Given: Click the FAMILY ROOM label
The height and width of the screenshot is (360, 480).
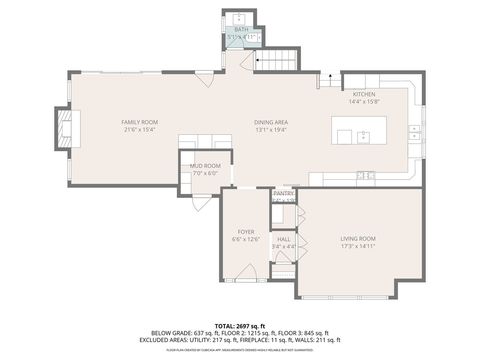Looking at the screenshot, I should coord(141,121).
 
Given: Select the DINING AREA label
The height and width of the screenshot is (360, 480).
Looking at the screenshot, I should coord(270,121).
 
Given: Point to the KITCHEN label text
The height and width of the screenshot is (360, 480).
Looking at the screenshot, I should coord(362,93).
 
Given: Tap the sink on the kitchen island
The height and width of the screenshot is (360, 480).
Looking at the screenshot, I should coord(364,133).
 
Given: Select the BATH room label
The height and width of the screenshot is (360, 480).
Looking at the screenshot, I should coord(241,30).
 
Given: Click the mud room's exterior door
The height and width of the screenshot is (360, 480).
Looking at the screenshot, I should coord(203,204).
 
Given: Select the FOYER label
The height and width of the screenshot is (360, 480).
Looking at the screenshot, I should coord(245,232).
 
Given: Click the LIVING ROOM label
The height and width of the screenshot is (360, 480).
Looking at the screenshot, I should coord(357,238).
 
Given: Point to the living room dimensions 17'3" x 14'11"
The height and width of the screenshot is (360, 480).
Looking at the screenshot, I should coord(357,245).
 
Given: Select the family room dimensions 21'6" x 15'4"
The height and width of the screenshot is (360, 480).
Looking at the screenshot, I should coord(141,128).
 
